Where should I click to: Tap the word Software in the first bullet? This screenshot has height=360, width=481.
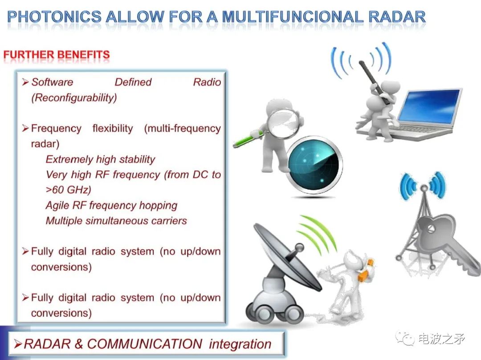[52, 82]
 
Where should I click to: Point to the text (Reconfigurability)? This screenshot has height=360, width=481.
[74, 98]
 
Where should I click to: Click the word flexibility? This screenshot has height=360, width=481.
[113, 128]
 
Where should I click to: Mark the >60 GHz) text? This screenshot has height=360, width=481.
[68, 190]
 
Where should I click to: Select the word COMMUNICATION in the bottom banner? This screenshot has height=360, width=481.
[144, 344]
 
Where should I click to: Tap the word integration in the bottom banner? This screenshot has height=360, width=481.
[240, 344]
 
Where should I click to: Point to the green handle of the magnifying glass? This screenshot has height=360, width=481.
[245, 140]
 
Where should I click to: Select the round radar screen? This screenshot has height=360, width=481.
[314, 166]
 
